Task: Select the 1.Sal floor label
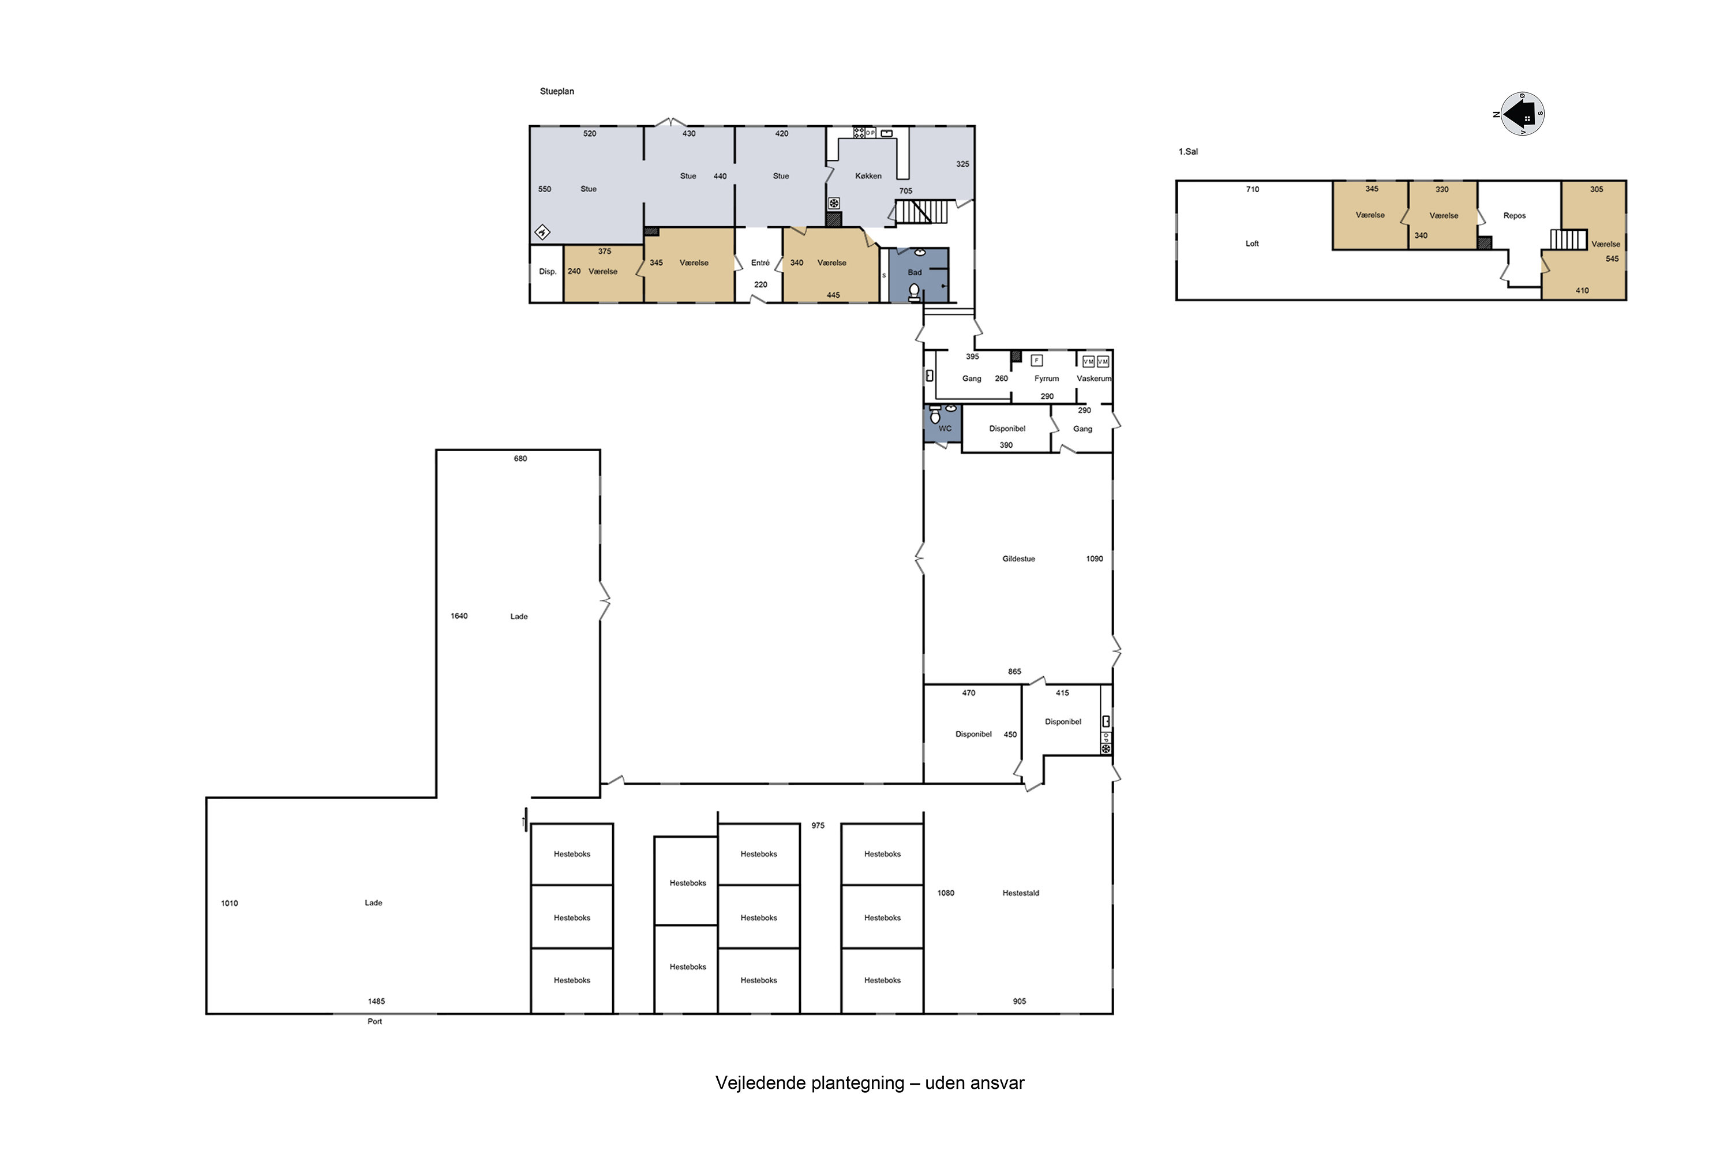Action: pos(1188,152)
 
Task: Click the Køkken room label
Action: pos(868,176)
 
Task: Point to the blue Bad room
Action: pos(919,275)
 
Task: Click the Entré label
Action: pos(760,263)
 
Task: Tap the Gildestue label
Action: pos(1018,559)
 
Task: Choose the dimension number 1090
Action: pos(1095,559)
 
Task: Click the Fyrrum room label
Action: pos(1047,379)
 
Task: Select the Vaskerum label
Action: pos(1093,379)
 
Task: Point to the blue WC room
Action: pos(943,423)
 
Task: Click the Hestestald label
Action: pos(1021,893)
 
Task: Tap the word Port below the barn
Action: pos(374,1021)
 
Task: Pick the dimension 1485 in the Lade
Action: pos(376,1001)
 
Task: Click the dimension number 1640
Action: pos(459,616)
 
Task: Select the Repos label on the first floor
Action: pos(1515,216)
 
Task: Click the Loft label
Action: pos(1252,243)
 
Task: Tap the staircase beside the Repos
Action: pos(1568,239)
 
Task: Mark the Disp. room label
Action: pos(548,272)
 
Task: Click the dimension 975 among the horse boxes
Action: pos(818,826)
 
